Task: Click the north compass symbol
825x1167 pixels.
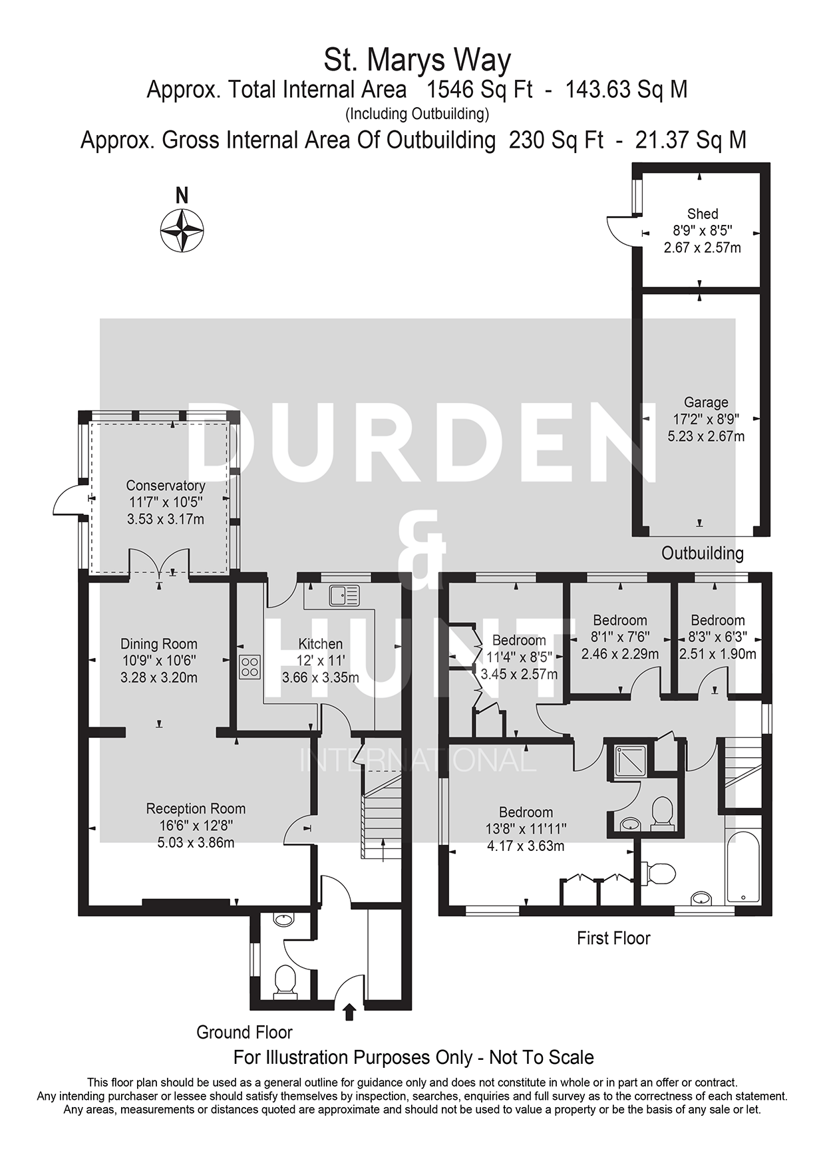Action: click(x=182, y=230)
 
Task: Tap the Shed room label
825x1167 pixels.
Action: click(x=703, y=214)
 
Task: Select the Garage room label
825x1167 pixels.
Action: click(x=706, y=403)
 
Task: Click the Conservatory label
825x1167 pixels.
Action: click(x=166, y=486)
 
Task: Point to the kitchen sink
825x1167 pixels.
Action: click(x=343, y=595)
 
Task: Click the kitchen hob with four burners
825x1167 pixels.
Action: click(x=250, y=667)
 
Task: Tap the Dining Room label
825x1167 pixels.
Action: click(x=159, y=644)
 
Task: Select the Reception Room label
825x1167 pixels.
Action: click(x=196, y=809)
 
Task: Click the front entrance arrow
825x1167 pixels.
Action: click(x=349, y=1013)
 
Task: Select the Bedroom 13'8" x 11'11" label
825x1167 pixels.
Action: click(x=526, y=812)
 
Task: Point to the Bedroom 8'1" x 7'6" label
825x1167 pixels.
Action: click(x=620, y=621)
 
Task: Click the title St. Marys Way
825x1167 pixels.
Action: click(x=417, y=61)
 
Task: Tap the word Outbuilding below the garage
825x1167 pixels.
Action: click(x=703, y=553)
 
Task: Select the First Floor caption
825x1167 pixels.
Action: click(x=613, y=938)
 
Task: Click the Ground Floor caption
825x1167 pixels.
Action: click(x=244, y=1033)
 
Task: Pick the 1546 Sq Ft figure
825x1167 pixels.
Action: click(x=480, y=89)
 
